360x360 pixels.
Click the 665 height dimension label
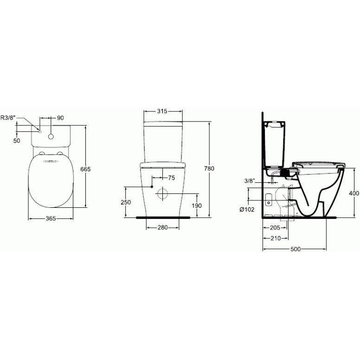click(85, 169)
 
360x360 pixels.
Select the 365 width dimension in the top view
click(51, 219)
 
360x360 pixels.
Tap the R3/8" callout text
click(8, 118)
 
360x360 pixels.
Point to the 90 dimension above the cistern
click(60, 118)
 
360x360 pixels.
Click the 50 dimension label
click(17, 141)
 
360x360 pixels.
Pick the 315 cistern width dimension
click(162, 111)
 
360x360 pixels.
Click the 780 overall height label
click(209, 168)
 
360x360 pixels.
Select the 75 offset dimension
click(172, 178)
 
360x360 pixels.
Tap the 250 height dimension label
click(126, 202)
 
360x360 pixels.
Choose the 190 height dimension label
click(197, 206)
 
